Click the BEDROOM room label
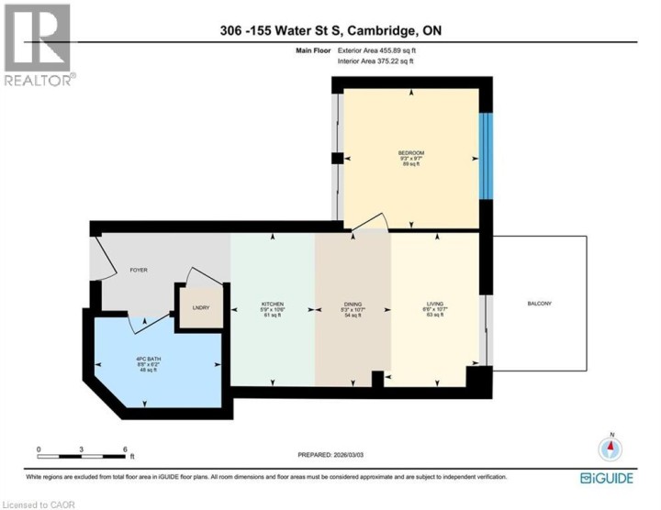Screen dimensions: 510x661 coord(410,152)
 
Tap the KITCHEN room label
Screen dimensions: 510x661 coord(272,303)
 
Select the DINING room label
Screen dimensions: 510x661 coord(353,303)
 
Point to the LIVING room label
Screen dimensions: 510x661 coord(435,303)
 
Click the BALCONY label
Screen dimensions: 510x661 coord(540,303)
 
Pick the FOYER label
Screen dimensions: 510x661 coord(139,270)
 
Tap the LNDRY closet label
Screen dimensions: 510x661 coord(200,307)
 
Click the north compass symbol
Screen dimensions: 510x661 coord(611,449)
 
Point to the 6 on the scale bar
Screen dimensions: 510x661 coord(124,449)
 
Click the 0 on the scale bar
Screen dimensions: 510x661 coord(39,449)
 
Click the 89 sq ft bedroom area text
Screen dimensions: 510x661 coord(410,165)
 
